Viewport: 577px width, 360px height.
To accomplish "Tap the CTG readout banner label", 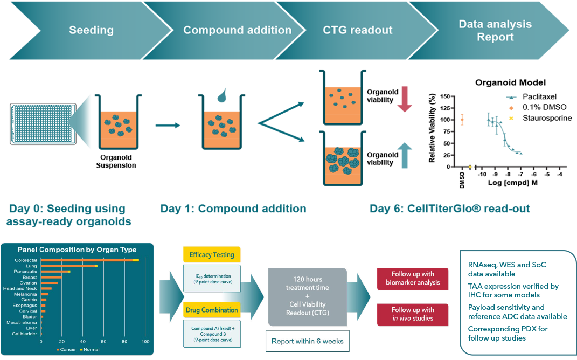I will click(358, 30).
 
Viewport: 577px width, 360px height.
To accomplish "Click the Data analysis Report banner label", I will click(495, 31).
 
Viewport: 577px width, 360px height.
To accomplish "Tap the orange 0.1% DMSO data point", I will click(462, 120).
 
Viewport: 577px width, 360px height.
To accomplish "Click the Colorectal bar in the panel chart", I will click(89, 260).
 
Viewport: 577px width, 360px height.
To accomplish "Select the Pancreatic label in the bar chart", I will click(26, 272).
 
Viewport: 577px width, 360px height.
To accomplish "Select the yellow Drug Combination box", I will click(211, 310).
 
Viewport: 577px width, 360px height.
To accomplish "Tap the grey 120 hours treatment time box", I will click(307, 297).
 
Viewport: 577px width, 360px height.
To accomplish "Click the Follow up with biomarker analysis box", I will click(413, 278).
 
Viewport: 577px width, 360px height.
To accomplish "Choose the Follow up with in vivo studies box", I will click(413, 314).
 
